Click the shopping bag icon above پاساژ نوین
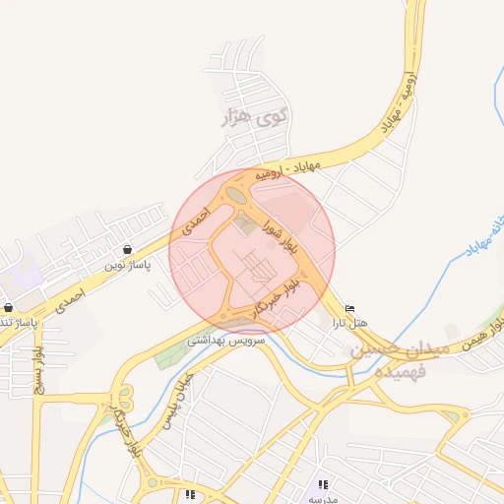pos(129,250)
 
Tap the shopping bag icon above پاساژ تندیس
pos(8,307)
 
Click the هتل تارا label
pos(349,323)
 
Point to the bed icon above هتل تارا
pos(350,308)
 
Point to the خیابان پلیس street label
pos(183,395)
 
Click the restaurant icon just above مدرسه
pos(322,484)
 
